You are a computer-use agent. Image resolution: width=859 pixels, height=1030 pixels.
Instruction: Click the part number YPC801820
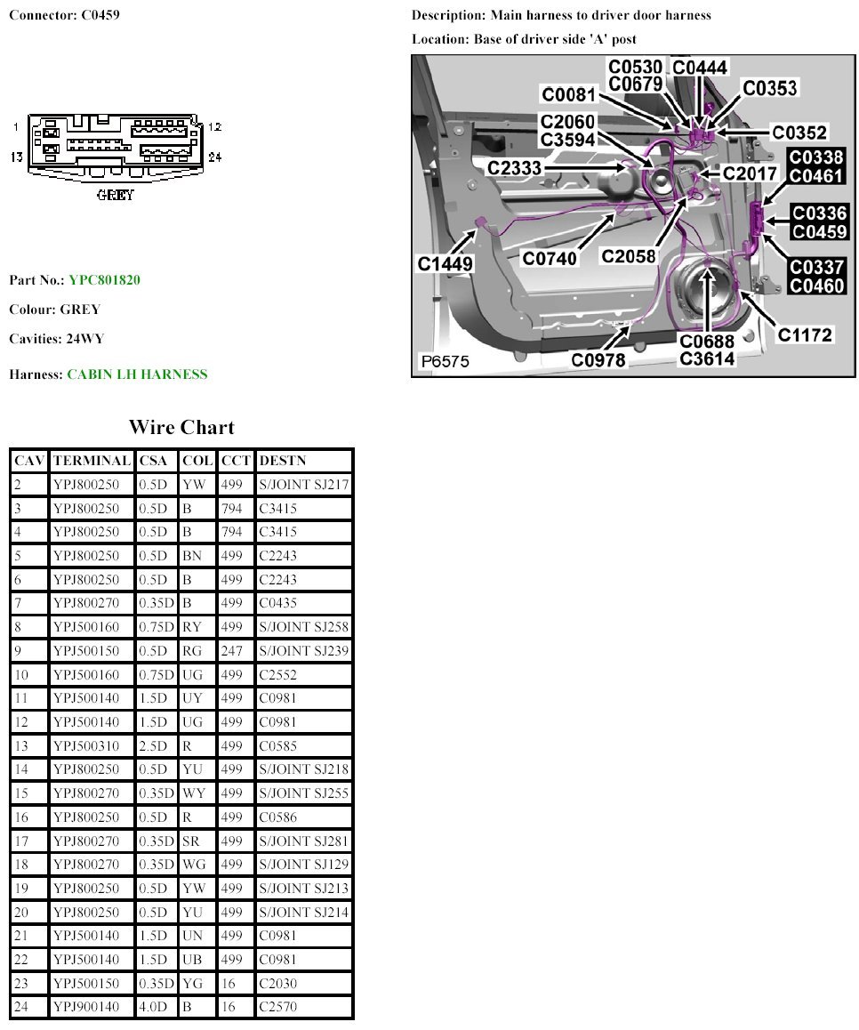click(104, 280)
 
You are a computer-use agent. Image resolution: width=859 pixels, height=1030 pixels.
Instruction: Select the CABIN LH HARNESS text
click(137, 374)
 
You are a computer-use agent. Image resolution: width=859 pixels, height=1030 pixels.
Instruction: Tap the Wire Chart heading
click(181, 427)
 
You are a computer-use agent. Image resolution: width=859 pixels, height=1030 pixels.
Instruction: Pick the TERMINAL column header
click(91, 461)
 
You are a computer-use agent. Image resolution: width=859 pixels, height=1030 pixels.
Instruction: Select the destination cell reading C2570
click(278, 1007)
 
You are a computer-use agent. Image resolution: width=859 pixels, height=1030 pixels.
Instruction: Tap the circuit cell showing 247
click(230, 651)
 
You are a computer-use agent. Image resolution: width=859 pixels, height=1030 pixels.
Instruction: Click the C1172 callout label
click(805, 334)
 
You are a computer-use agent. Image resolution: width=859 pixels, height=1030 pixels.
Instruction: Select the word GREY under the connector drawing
click(116, 195)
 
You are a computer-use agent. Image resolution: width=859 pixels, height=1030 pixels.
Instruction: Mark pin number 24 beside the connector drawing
click(214, 157)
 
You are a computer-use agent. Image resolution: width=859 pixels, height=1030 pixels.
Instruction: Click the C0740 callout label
click(550, 258)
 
